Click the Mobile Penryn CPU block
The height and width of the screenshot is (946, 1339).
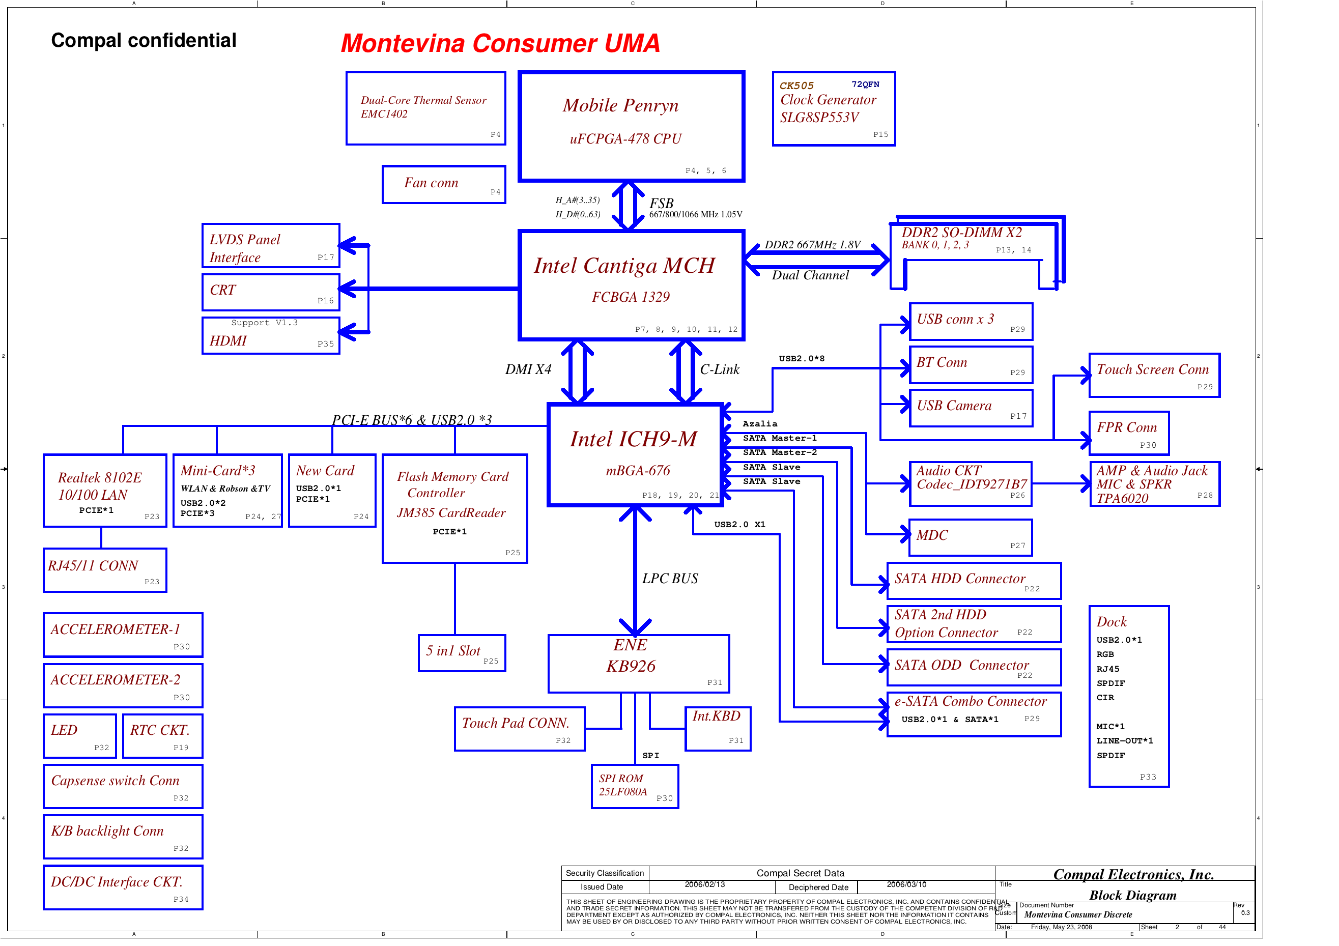tap(631, 127)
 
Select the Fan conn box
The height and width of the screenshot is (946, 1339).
tap(443, 184)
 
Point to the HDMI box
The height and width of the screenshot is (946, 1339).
tap(271, 336)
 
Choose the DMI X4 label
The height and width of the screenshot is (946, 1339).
tap(528, 370)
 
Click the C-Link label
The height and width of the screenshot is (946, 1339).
tap(719, 370)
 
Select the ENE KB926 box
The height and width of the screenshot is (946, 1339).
tap(639, 664)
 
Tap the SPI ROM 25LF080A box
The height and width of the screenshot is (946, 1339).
tap(635, 786)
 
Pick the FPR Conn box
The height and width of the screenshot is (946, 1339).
tap(1128, 434)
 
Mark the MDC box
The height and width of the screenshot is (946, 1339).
tap(971, 537)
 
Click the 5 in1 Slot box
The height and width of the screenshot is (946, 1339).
tap(462, 653)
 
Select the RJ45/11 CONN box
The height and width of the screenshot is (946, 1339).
tap(105, 570)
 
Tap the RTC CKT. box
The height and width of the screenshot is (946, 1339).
tap(163, 735)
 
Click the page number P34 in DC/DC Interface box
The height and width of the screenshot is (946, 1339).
tap(181, 899)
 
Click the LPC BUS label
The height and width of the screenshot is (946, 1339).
tap(670, 579)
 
